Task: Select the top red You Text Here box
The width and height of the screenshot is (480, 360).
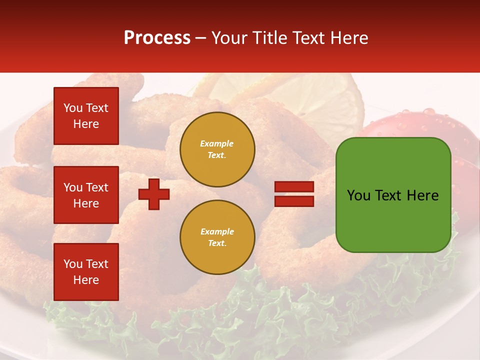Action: click(86, 116)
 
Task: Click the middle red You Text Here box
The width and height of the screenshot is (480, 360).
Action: click(86, 195)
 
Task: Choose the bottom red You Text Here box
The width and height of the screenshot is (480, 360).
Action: click(86, 272)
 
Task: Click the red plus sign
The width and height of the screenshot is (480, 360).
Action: click(154, 194)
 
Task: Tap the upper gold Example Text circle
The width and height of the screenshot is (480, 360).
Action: click(217, 149)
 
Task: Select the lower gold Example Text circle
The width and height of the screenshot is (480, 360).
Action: click(217, 237)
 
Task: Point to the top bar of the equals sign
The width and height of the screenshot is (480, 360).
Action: click(294, 187)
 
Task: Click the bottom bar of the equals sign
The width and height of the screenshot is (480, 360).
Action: click(294, 201)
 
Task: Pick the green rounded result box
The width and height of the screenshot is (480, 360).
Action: click(393, 195)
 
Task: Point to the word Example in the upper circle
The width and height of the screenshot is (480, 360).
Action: click(217, 143)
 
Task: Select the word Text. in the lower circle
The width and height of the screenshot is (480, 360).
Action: click(217, 243)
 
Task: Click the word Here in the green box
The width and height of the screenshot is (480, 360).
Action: click(422, 195)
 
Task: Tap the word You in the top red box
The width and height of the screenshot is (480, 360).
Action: click(73, 108)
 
